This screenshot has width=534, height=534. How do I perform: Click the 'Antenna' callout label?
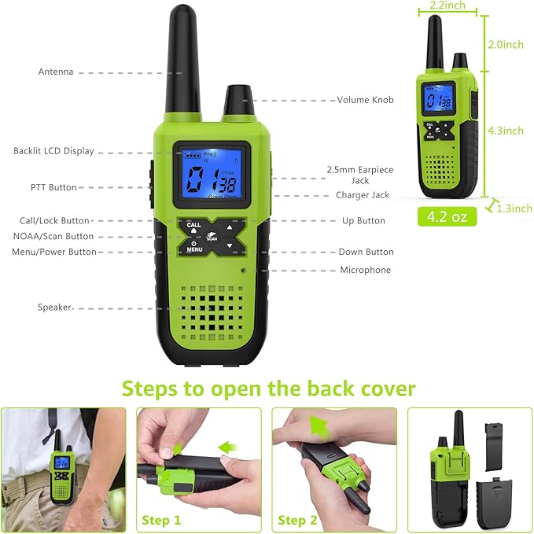tap(56, 72)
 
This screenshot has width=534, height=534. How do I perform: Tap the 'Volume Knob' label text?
tap(365, 100)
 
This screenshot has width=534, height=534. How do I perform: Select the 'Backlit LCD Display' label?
tap(53, 151)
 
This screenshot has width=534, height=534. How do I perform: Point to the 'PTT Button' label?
tap(53, 187)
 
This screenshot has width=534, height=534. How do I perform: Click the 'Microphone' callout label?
tap(366, 270)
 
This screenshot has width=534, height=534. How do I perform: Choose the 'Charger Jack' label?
tap(363, 195)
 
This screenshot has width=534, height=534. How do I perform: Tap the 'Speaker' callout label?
tap(54, 308)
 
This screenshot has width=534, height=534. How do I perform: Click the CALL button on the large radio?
tap(193, 227)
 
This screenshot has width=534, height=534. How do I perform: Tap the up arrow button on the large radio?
tap(230, 227)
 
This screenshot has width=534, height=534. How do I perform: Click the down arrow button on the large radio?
tap(230, 246)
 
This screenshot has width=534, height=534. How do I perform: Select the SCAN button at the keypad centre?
tap(212, 237)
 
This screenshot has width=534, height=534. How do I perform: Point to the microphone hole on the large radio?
tap(243, 271)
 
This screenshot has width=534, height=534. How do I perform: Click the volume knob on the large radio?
tap(238, 100)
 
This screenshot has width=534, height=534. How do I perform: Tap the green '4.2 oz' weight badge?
tap(447, 216)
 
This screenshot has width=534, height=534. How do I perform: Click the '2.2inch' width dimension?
tap(447, 5)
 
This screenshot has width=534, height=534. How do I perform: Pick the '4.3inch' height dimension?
tap(506, 131)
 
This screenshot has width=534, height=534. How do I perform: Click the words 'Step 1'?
tap(161, 520)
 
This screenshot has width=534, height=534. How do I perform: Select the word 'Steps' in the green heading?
tap(149, 389)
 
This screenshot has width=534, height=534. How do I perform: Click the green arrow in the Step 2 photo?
tap(319, 427)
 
